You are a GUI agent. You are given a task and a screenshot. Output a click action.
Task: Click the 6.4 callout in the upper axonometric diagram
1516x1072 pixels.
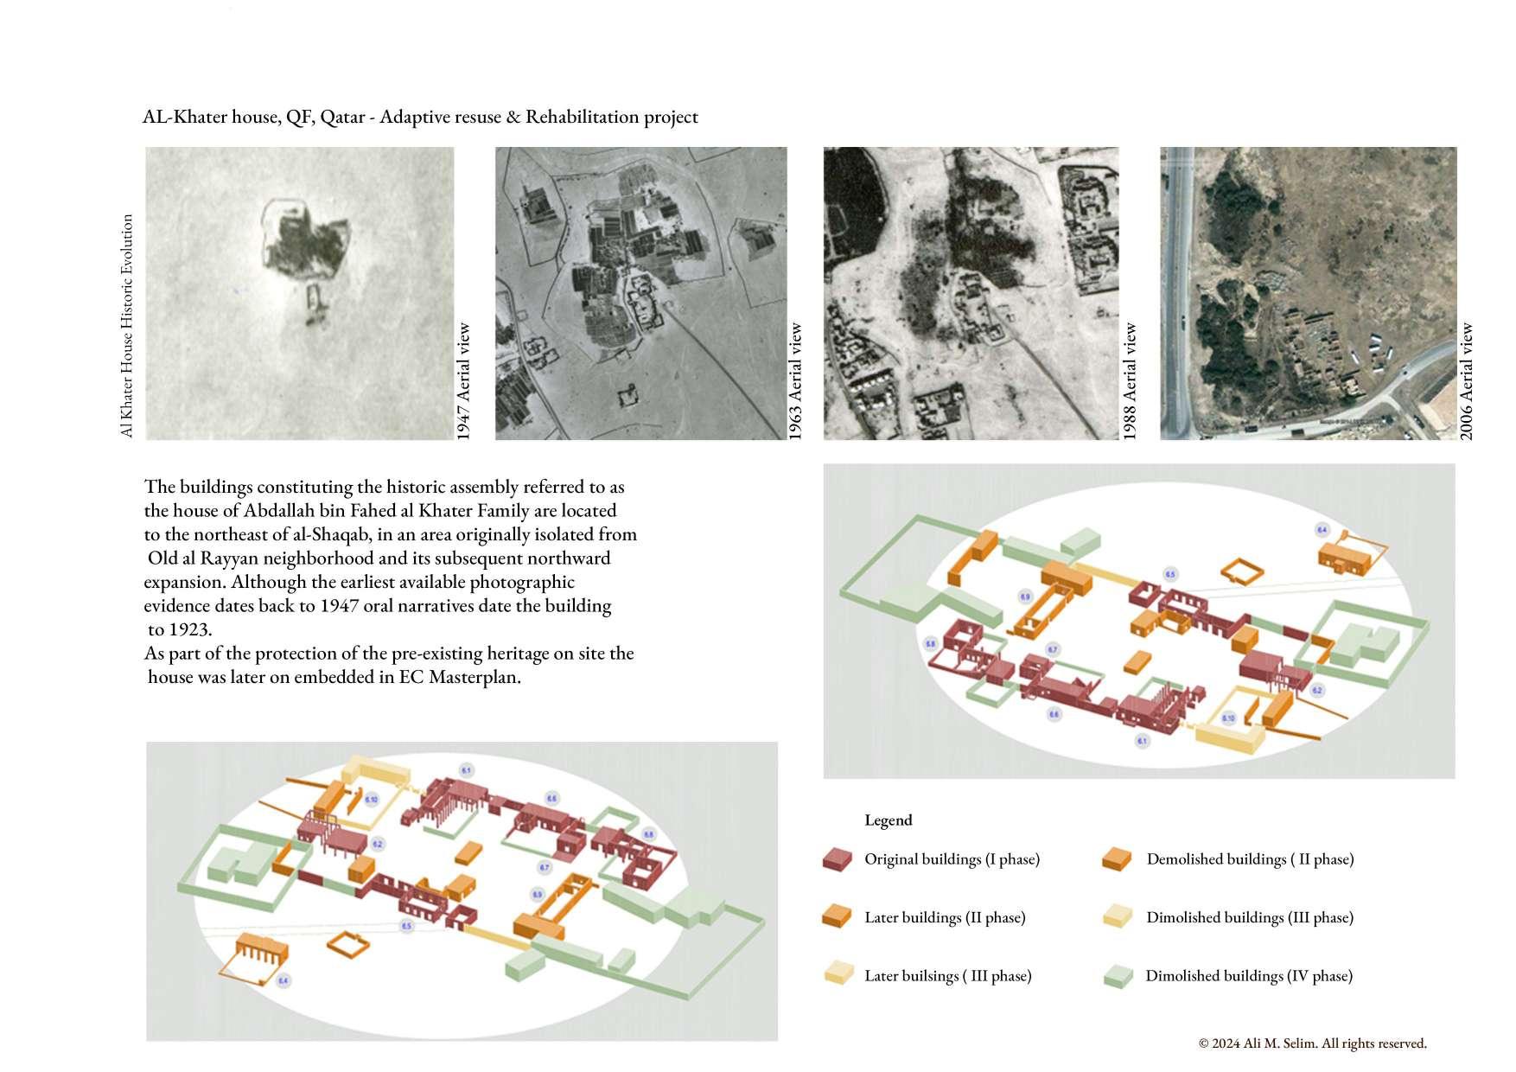tap(1322, 529)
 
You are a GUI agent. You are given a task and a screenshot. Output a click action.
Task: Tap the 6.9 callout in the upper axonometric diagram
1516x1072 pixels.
tap(1025, 597)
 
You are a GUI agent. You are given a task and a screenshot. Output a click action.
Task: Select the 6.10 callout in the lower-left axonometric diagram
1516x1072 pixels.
tap(371, 800)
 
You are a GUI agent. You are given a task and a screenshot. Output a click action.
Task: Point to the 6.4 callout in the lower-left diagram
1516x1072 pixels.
tap(283, 980)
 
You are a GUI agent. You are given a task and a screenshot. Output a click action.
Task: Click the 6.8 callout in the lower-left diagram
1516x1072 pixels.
tap(648, 834)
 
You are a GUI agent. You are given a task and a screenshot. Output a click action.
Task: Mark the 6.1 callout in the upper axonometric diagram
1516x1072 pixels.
tap(1142, 741)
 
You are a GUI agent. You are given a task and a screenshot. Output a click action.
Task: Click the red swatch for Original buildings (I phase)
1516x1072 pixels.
tap(837, 859)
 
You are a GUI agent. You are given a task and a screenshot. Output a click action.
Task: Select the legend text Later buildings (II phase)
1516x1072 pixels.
tap(945, 917)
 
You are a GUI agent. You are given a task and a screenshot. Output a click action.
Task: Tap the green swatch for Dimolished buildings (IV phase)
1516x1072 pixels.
tap(1118, 976)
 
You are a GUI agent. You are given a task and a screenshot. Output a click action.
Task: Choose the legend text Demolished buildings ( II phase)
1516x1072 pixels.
tap(1250, 859)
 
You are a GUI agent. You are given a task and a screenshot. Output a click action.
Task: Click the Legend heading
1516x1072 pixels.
tap(888, 820)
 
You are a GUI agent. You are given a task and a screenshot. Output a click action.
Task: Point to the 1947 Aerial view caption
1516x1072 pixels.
tap(464, 381)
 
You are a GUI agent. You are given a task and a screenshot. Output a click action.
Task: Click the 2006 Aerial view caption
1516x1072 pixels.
tap(1467, 381)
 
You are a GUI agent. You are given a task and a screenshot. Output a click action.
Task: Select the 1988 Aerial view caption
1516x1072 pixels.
tap(1130, 381)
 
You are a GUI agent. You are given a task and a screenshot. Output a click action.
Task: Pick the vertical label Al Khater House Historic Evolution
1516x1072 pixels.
tap(127, 326)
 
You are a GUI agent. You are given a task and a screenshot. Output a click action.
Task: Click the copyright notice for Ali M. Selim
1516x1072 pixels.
tap(1312, 1043)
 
